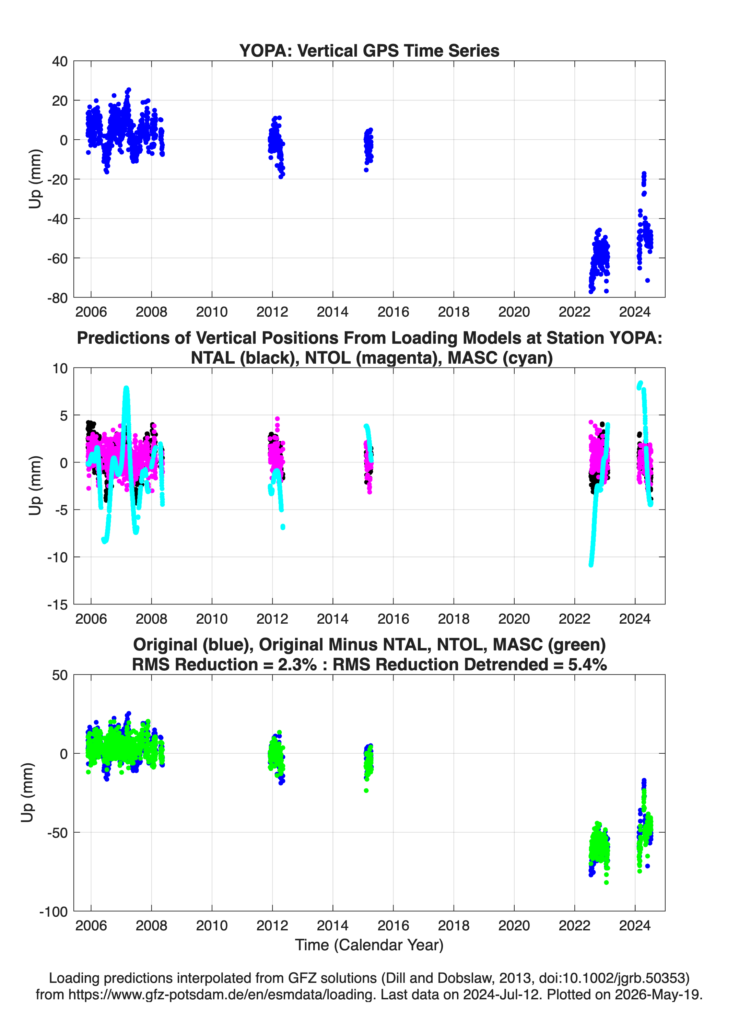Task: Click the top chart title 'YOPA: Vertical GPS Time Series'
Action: click(x=369, y=50)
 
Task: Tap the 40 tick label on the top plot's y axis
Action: click(x=60, y=61)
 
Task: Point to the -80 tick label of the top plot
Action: click(x=57, y=298)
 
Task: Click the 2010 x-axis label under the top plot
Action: click(x=212, y=312)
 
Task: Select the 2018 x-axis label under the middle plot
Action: click(x=454, y=619)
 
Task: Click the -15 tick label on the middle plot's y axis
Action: click(x=57, y=605)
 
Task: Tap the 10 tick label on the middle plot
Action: click(x=60, y=368)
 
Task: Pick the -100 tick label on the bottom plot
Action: click(x=54, y=912)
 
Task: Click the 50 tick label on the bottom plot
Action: click(x=60, y=675)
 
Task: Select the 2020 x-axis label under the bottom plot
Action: click(x=514, y=925)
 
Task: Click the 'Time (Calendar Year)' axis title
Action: click(x=369, y=944)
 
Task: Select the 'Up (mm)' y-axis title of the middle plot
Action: click(x=35, y=485)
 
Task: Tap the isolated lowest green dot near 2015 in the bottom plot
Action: click(x=366, y=790)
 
